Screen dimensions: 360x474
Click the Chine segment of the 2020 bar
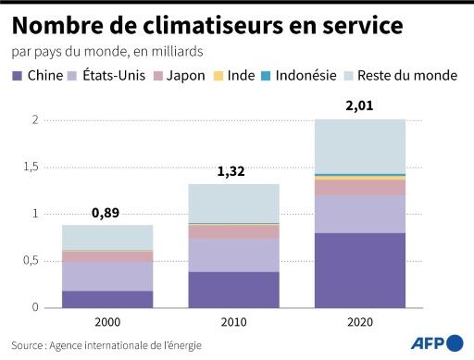359,269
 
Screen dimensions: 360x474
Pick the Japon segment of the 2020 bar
359,187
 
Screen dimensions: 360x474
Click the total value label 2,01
359,106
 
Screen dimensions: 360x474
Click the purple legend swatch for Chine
18,75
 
